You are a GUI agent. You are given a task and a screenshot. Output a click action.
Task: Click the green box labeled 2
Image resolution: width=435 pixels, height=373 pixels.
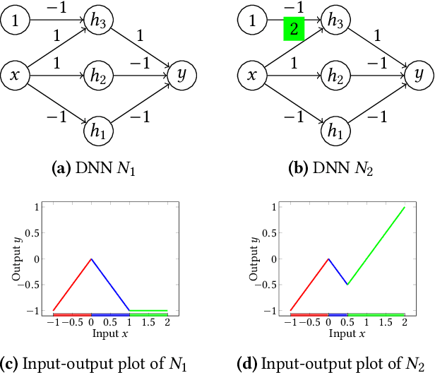pyautogui.click(x=293, y=30)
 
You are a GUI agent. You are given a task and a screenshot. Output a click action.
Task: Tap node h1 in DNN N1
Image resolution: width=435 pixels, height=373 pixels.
pyautogui.click(x=98, y=131)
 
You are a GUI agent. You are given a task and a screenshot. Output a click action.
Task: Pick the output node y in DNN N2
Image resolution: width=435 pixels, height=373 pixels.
pyautogui.click(x=419, y=73)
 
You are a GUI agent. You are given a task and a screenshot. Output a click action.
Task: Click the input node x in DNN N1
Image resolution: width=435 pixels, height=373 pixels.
pyautogui.click(x=15, y=73)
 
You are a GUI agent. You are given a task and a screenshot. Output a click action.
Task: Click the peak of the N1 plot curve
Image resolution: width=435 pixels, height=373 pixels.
pyautogui.click(x=91, y=259)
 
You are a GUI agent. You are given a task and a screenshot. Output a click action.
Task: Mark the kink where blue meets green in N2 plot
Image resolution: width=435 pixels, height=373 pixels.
pyautogui.click(x=347, y=285)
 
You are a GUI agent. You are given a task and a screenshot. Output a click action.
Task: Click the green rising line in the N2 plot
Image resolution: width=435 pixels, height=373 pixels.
pyautogui.click(x=378, y=244)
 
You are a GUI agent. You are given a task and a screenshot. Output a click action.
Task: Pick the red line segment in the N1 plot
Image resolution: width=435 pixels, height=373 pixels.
pyautogui.click(x=72, y=285)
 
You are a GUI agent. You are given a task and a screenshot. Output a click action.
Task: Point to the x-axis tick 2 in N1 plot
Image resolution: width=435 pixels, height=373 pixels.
pyautogui.click(x=167, y=320)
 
